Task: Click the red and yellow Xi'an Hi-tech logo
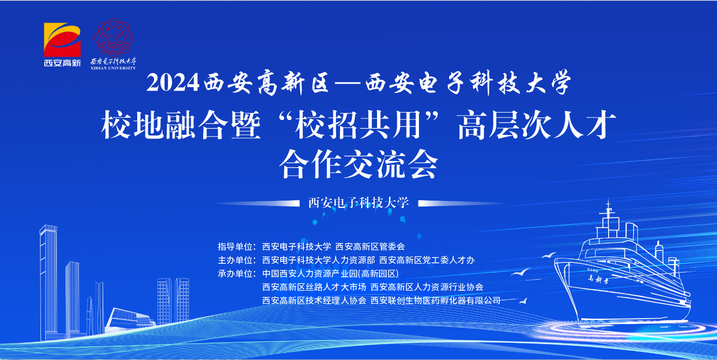click(62, 39)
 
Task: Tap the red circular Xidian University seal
click(114, 38)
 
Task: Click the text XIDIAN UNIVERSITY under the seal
click(113, 68)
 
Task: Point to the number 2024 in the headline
click(173, 83)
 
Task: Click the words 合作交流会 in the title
click(358, 164)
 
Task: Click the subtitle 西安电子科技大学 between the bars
click(358, 203)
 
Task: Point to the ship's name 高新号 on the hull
click(598, 279)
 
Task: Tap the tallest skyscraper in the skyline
click(49, 282)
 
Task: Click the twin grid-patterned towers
click(173, 301)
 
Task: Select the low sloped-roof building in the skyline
click(130, 319)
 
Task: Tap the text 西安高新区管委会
click(370, 246)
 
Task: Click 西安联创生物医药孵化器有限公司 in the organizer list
click(435, 300)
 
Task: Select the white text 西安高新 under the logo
click(62, 63)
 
